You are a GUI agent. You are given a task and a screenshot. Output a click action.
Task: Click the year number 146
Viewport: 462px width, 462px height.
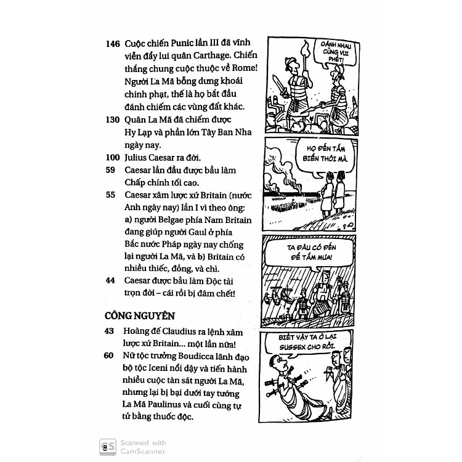113,44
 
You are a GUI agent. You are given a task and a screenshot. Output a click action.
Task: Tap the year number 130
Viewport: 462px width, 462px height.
113,120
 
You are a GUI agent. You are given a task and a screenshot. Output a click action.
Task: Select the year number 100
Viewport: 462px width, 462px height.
113,157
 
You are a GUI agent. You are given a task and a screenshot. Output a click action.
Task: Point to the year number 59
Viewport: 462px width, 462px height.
110,170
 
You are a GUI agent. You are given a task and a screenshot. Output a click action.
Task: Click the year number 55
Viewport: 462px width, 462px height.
110,195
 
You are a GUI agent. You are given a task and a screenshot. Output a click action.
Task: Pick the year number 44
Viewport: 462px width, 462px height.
110,280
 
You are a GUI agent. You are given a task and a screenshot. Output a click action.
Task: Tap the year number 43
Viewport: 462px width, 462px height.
109,331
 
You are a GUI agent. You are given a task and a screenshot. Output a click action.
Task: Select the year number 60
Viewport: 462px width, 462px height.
108,355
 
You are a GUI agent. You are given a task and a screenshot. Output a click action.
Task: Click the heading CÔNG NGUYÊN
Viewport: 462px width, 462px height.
140,315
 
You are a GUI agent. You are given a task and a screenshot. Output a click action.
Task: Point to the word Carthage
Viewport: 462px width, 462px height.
212,55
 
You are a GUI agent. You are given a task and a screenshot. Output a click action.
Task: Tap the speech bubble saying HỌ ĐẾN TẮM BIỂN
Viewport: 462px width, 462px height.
325,158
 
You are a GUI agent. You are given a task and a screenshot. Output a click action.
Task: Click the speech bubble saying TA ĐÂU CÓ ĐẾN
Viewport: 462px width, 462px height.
309,253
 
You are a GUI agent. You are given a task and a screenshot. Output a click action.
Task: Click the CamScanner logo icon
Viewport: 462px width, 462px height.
107,447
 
